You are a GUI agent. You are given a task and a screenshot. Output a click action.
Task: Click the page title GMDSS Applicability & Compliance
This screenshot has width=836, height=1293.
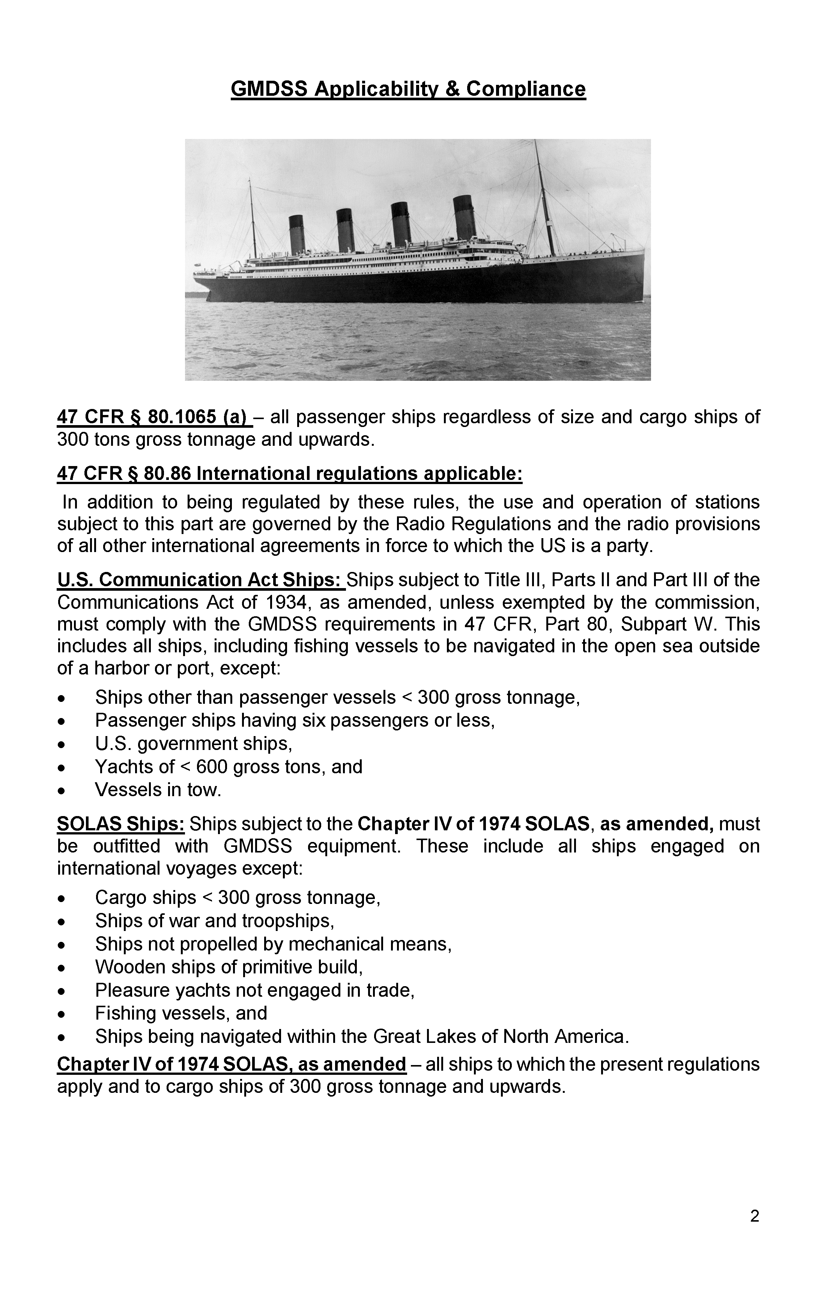coord(408,89)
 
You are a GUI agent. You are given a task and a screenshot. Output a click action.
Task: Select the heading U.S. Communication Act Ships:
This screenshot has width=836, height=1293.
coord(200,580)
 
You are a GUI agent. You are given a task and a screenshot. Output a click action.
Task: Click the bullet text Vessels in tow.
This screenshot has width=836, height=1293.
coord(158,789)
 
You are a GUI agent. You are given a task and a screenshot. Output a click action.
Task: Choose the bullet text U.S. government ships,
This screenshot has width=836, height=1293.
coord(193,743)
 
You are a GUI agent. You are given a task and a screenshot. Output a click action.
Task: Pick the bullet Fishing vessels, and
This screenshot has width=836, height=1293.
coord(181,1013)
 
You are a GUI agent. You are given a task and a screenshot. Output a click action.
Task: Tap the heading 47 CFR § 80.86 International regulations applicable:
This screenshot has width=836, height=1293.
coord(289,474)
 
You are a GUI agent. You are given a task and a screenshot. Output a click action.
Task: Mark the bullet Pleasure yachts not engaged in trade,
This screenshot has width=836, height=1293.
coord(255,990)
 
